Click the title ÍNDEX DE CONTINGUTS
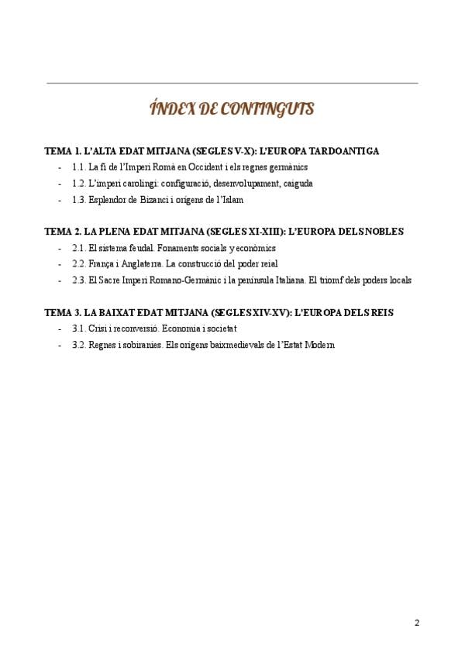(x=232, y=109)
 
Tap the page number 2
(x=417, y=622)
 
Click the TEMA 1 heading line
(x=212, y=151)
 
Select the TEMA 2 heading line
(x=224, y=232)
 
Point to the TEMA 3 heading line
(x=219, y=312)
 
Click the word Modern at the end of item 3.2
(x=320, y=345)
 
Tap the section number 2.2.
(x=78, y=264)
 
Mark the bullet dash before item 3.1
(x=60, y=328)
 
